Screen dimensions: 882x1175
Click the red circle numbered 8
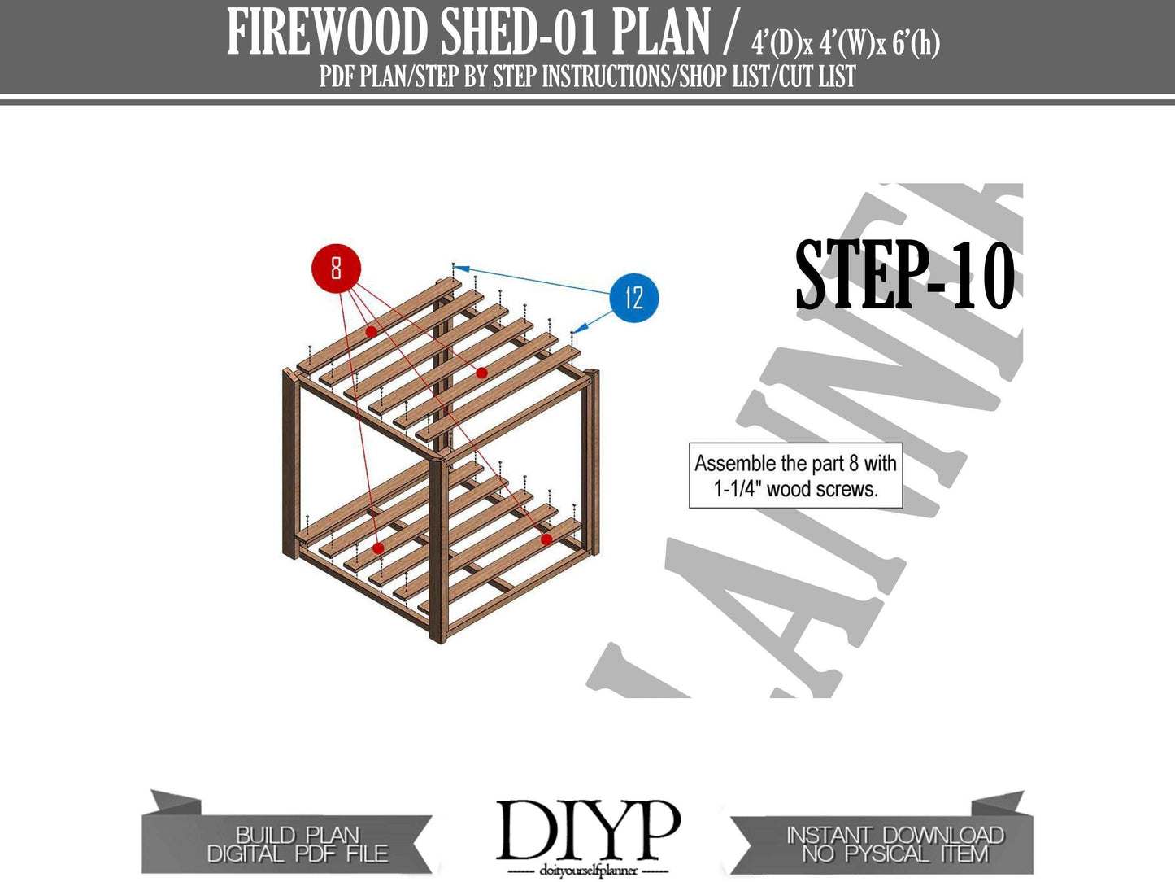[x=336, y=268]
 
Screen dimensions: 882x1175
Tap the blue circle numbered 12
[x=633, y=298]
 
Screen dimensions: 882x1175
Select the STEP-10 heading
[x=904, y=276]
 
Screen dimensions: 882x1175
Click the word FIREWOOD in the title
[x=328, y=33]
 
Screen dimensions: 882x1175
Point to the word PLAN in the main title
[x=660, y=33]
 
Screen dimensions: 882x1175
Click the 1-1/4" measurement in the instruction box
[x=738, y=489]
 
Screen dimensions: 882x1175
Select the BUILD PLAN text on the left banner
[x=298, y=834]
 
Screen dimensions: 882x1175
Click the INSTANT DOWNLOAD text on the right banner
[x=894, y=834]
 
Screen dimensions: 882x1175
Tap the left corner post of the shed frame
[x=289, y=464]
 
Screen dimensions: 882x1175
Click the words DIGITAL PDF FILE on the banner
[x=298, y=854]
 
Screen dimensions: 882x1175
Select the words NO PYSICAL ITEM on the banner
[x=894, y=854]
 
